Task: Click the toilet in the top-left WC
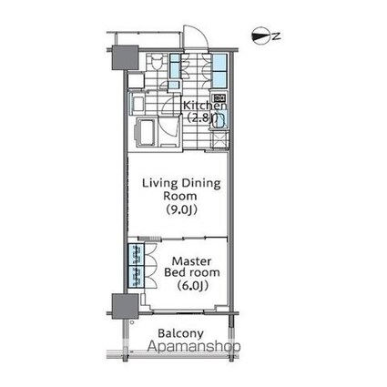(x=157, y=63)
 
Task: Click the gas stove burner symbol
(x=219, y=97)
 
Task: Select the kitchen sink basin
(x=220, y=119)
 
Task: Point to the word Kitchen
(x=205, y=106)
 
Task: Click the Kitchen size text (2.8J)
(x=202, y=117)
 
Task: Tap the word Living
(x=160, y=184)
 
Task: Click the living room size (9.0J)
(x=181, y=209)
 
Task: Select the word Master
(x=191, y=261)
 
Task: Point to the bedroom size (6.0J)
(x=192, y=285)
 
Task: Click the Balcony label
(x=180, y=333)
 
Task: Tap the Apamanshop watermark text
(x=194, y=346)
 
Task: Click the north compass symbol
(x=261, y=36)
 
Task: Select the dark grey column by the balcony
(x=125, y=306)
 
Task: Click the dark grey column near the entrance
(x=125, y=57)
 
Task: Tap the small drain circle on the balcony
(x=132, y=322)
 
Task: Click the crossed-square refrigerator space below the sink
(x=220, y=139)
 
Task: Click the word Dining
(x=201, y=184)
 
